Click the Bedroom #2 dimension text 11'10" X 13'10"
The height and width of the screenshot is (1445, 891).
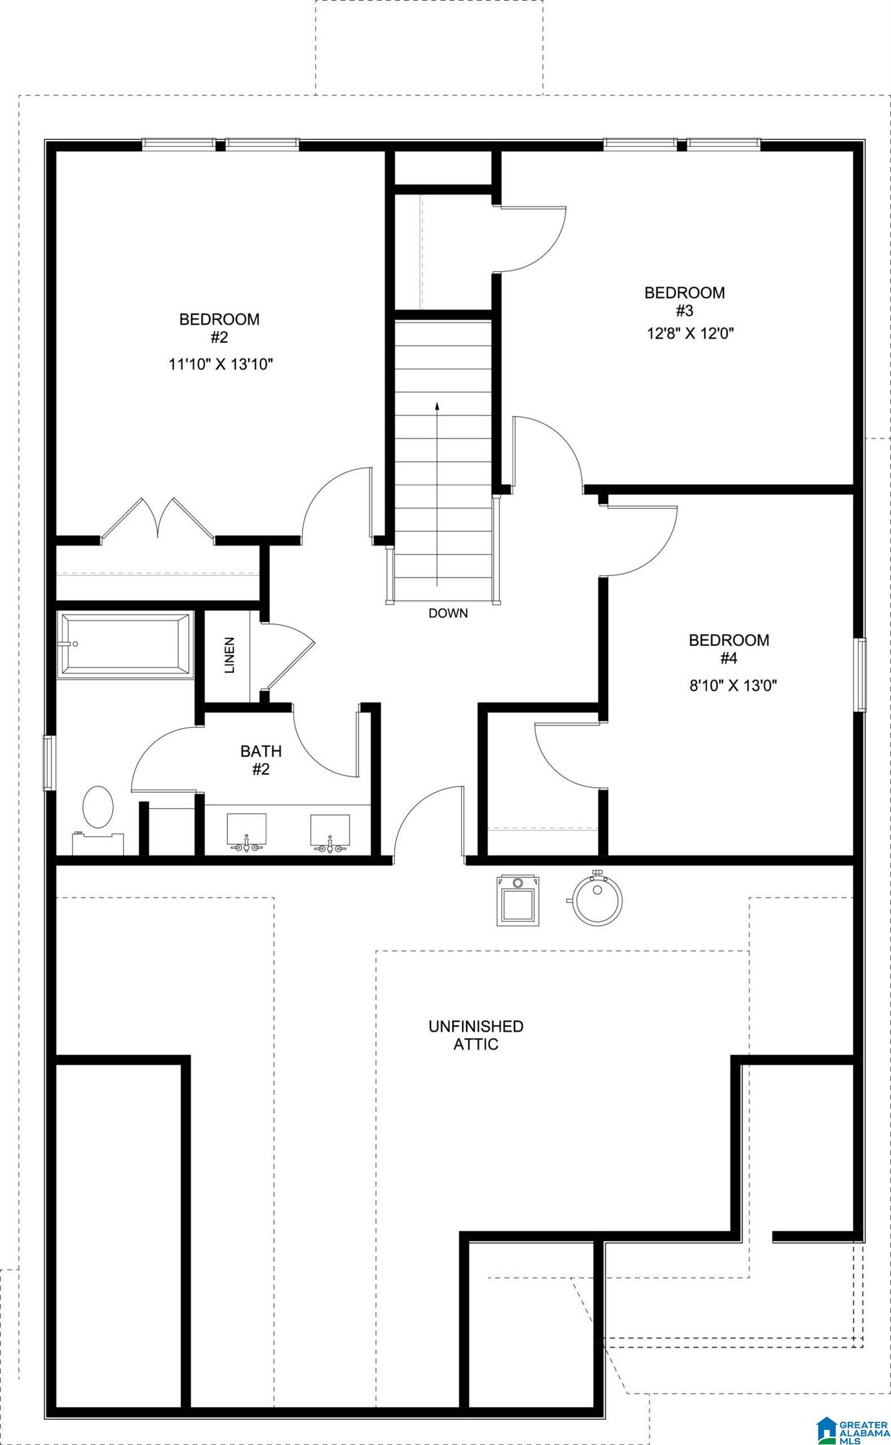click(x=221, y=364)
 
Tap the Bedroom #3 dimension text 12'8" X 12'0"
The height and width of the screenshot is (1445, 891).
click(x=690, y=333)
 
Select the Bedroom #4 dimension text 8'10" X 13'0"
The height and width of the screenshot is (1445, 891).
click(x=733, y=685)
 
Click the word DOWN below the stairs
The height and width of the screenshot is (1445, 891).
click(x=448, y=613)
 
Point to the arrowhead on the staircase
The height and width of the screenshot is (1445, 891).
click(x=437, y=406)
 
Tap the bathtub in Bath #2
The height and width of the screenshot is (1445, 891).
click(x=125, y=645)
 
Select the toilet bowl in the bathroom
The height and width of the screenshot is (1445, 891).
click(x=99, y=807)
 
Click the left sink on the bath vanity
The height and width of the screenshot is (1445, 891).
click(x=246, y=831)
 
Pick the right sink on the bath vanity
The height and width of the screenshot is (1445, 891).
click(x=329, y=831)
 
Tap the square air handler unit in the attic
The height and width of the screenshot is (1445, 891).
click(x=518, y=900)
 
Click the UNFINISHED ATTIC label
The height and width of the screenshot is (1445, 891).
click(x=476, y=1035)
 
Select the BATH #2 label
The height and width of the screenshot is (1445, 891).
click(x=261, y=760)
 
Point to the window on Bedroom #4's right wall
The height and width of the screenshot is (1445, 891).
click(x=862, y=675)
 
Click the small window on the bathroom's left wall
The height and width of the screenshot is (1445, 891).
click(x=48, y=763)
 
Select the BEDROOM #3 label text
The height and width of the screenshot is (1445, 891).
click(x=684, y=301)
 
